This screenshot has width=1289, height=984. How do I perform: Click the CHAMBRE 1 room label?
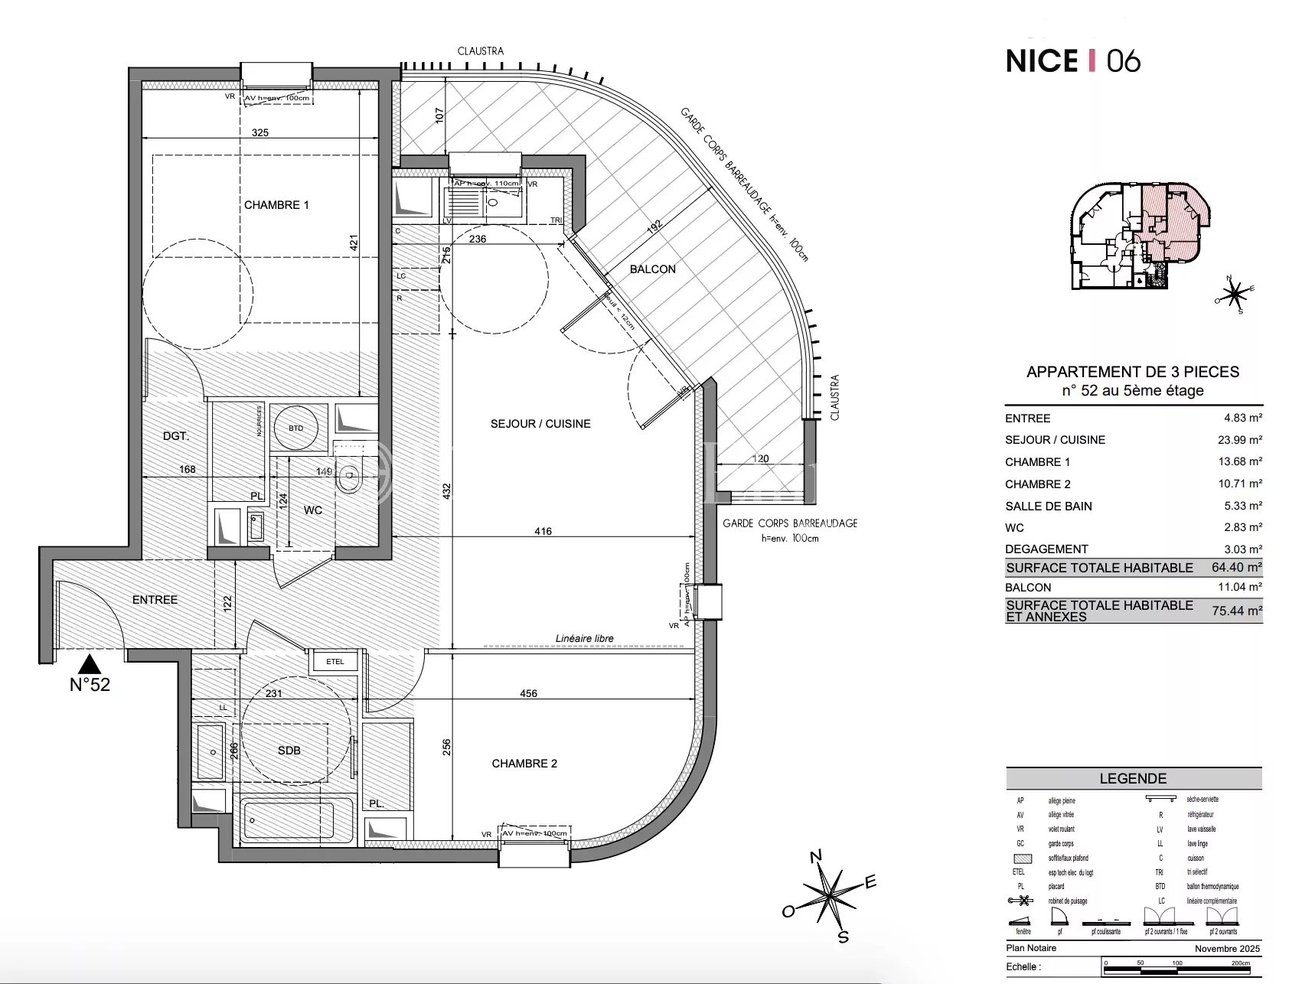click(x=276, y=205)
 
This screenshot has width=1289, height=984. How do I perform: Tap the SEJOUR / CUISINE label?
click(x=540, y=424)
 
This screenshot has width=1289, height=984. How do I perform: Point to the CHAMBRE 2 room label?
click(x=524, y=764)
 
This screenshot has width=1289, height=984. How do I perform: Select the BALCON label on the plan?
click(x=652, y=269)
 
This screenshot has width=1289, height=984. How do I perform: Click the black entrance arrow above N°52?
click(x=90, y=663)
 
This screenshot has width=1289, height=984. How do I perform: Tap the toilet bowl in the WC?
click(x=349, y=479)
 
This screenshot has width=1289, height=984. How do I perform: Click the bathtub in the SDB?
click(x=297, y=820)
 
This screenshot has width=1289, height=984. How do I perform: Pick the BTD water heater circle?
click(x=296, y=428)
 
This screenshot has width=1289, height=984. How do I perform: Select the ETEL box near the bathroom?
click(x=335, y=662)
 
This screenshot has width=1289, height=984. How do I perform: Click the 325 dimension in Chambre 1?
click(x=260, y=133)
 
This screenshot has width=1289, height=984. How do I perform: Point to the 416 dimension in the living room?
click(x=543, y=531)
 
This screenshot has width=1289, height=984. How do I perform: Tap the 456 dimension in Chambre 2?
click(x=528, y=694)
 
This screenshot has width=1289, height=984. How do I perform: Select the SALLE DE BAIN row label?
click(x=1048, y=507)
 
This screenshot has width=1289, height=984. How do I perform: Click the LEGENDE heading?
click(x=1133, y=779)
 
